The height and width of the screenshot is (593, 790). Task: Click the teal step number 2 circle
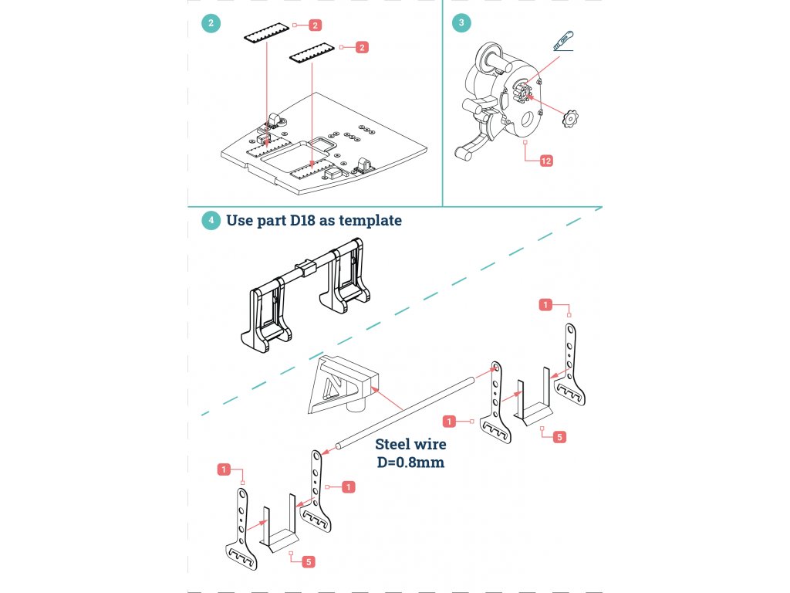click(211, 23)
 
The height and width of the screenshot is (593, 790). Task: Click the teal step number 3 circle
click(461, 22)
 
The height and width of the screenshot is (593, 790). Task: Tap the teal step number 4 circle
click(211, 220)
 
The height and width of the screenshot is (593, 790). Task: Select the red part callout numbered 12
click(546, 161)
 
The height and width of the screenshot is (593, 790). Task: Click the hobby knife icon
click(564, 41)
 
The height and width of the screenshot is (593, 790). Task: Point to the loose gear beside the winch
click(570, 118)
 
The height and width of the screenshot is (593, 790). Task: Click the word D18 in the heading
click(302, 220)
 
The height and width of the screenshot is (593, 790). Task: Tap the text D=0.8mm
click(410, 462)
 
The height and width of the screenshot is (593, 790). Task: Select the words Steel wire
click(410, 444)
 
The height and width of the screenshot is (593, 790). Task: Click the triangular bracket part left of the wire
click(343, 385)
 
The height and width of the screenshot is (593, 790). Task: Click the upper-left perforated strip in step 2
click(266, 32)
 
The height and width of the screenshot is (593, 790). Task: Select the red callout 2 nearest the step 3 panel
click(362, 47)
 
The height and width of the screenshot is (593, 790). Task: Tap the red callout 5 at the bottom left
click(309, 562)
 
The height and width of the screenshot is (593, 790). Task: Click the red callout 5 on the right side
click(559, 437)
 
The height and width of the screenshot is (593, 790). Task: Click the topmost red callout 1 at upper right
click(545, 304)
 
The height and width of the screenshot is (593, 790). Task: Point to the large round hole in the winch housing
click(528, 120)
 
